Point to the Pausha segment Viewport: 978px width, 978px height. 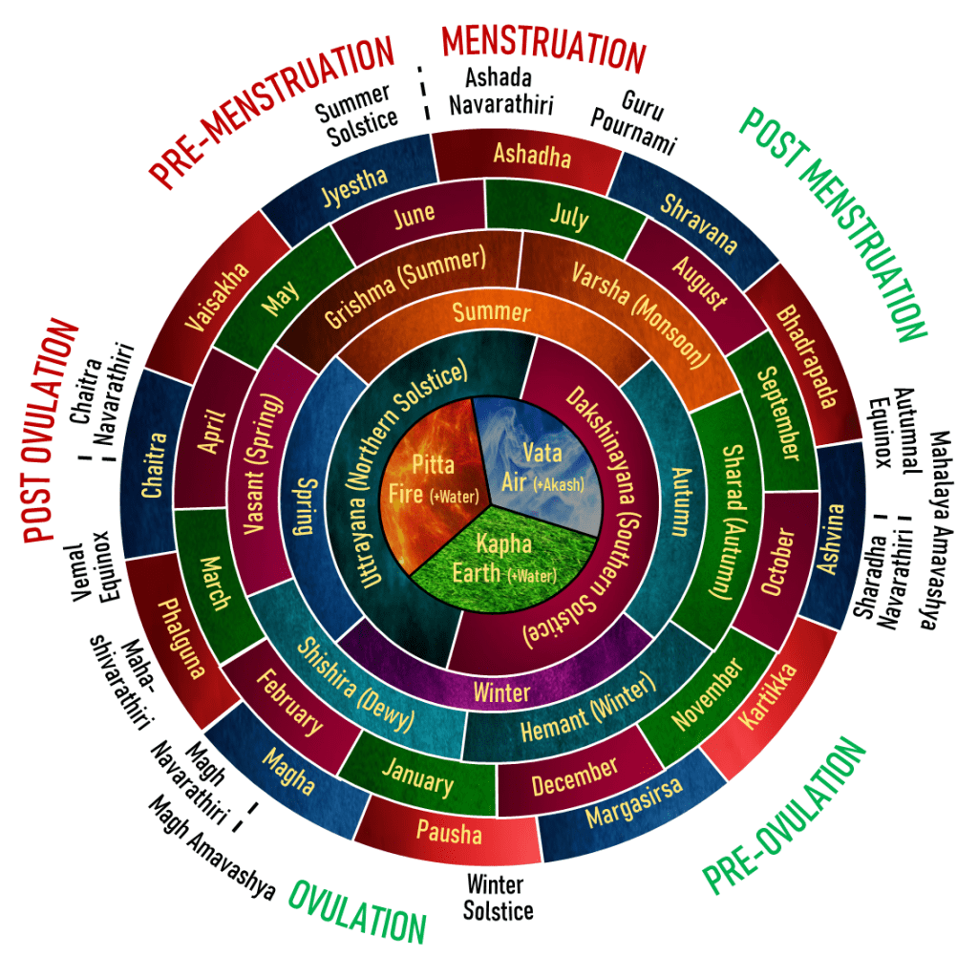(x=449, y=833)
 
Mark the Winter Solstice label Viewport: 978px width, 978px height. (x=498, y=897)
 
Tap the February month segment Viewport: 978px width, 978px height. (x=289, y=702)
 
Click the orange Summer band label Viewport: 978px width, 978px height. (x=491, y=312)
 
